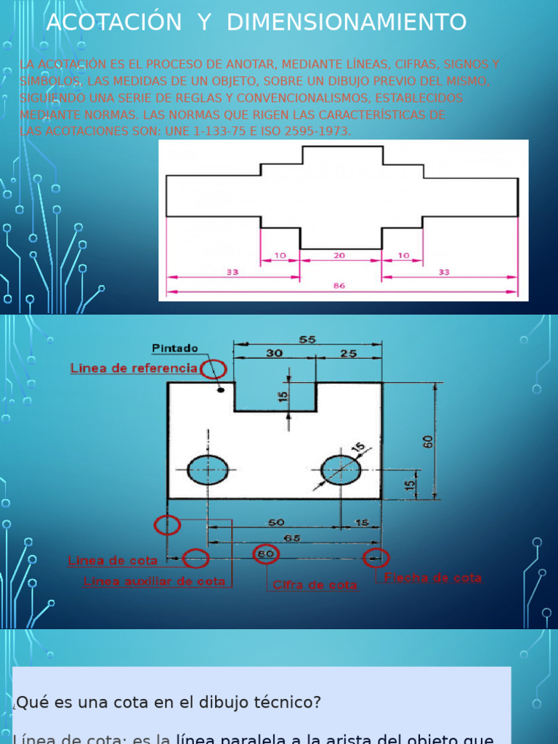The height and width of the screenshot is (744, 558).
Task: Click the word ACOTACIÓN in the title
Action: click(114, 23)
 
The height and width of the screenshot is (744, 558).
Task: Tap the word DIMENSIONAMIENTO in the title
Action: click(347, 23)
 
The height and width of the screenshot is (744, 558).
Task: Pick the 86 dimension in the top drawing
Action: click(339, 286)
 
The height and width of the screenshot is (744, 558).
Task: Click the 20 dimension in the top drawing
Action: click(339, 256)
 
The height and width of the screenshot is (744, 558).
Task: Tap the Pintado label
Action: click(174, 349)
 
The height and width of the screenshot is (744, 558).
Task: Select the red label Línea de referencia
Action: click(134, 368)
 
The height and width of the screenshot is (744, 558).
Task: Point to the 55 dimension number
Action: click(307, 339)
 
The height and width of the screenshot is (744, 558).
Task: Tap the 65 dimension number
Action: click(293, 538)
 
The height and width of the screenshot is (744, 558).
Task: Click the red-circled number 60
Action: click(265, 554)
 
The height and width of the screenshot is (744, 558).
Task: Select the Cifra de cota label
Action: click(315, 585)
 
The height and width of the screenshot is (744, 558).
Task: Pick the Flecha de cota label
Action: click(433, 578)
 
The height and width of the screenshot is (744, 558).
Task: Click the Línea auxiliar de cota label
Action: click(154, 581)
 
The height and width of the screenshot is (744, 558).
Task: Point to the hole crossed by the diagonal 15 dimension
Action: click(340, 469)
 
